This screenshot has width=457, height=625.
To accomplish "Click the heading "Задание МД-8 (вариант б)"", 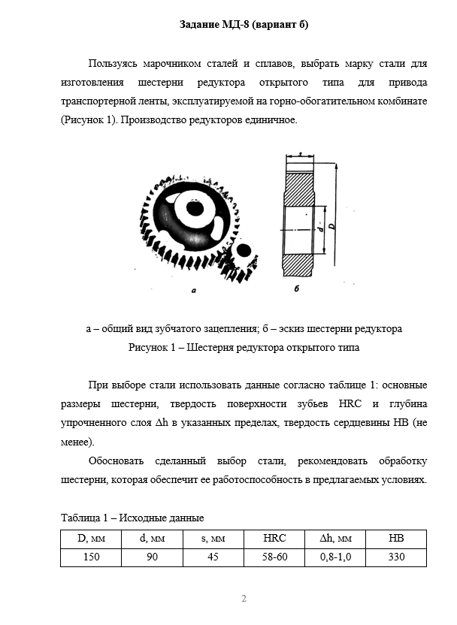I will click(x=244, y=25).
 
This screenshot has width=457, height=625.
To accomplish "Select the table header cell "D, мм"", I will click(x=90, y=539).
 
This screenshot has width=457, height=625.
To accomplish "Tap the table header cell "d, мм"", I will click(x=153, y=539).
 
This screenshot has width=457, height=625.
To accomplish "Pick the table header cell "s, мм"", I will click(x=213, y=539).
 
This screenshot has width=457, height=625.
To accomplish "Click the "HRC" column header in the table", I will click(x=274, y=539).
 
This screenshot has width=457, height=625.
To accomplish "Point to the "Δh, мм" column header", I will click(x=335, y=539).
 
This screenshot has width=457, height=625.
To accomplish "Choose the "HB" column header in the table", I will click(x=396, y=539).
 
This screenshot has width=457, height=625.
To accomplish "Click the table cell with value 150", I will click(x=90, y=557).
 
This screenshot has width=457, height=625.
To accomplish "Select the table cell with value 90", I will click(x=153, y=557).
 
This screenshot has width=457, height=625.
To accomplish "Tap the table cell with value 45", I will click(x=213, y=557).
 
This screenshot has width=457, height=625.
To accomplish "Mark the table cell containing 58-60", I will click(x=274, y=557).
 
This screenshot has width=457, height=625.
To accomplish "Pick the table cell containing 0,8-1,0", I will click(x=335, y=557).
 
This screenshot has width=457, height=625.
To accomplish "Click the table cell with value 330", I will click(x=396, y=557).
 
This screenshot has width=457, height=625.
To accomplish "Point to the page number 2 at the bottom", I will click(x=244, y=599).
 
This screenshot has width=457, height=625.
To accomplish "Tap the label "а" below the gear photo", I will click(x=193, y=288).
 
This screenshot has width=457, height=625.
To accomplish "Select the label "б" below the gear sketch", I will click(x=297, y=288).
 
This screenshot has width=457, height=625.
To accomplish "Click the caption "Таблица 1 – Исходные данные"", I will click(x=132, y=518).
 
